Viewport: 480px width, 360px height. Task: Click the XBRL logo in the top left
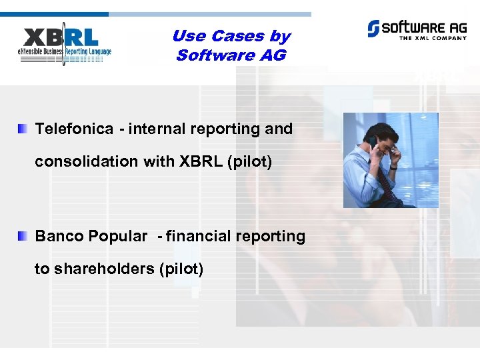[x=65, y=45]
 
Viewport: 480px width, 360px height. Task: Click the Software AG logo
[x=414, y=29]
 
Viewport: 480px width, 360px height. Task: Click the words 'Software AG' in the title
[x=231, y=55]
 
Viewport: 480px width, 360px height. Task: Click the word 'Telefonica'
[x=74, y=129]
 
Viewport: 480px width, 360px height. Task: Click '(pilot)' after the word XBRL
[x=249, y=161]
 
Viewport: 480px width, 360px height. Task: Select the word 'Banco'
[x=59, y=236]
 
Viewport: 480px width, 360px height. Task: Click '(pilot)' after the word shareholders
[x=181, y=269]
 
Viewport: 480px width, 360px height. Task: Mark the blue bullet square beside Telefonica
[x=23, y=128]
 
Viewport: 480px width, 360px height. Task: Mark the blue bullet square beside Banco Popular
[x=23, y=235]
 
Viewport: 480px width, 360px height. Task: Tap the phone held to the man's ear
[x=371, y=143]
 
